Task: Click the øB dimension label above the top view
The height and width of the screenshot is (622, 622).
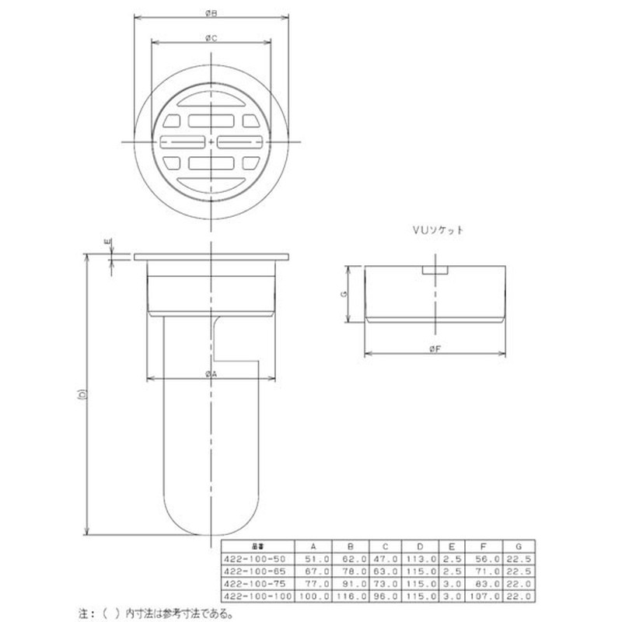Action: [x=211, y=12]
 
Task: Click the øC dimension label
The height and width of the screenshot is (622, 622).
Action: [x=211, y=37]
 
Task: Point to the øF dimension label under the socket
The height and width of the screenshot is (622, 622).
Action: [x=435, y=349]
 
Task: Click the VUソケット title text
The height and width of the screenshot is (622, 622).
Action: [x=438, y=231]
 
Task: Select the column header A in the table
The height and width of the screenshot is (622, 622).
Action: [x=313, y=546]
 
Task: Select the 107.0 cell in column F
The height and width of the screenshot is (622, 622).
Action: [x=484, y=595]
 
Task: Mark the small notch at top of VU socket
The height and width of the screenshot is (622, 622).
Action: [x=435, y=272]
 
